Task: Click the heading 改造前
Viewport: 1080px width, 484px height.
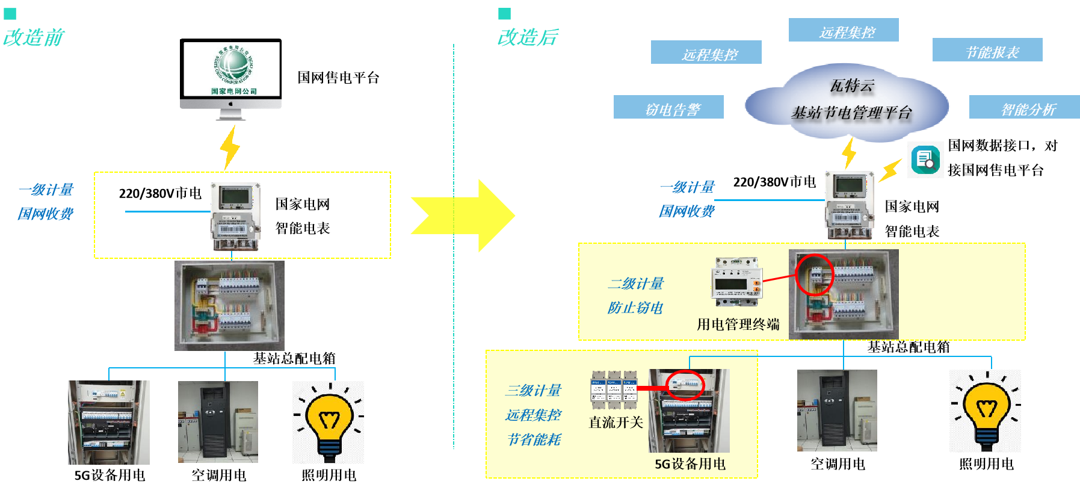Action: [x=34, y=37]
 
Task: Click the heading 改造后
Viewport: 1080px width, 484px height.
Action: [x=528, y=37]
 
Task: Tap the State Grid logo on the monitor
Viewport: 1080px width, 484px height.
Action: [x=232, y=67]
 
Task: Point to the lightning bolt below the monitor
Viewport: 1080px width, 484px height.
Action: [x=229, y=147]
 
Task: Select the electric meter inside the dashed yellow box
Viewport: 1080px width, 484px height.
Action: [x=235, y=216]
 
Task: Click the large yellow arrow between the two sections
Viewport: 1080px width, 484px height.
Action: [x=463, y=216]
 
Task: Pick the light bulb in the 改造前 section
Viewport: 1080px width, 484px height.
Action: [x=328, y=422]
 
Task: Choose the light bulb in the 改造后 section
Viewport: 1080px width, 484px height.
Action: [x=984, y=411]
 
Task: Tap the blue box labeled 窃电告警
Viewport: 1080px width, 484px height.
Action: [x=668, y=108]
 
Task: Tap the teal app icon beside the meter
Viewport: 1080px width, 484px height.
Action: [x=925, y=160]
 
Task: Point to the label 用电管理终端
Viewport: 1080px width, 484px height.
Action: [x=738, y=324]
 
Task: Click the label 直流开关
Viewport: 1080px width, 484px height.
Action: [x=616, y=423]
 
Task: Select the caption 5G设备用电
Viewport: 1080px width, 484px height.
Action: [x=690, y=464]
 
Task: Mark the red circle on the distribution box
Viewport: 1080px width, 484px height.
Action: [x=814, y=275]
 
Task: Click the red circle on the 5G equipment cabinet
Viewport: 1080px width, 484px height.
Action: [x=685, y=385]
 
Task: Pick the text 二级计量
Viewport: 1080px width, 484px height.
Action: [x=635, y=284]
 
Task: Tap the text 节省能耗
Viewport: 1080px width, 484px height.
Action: [x=534, y=439]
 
